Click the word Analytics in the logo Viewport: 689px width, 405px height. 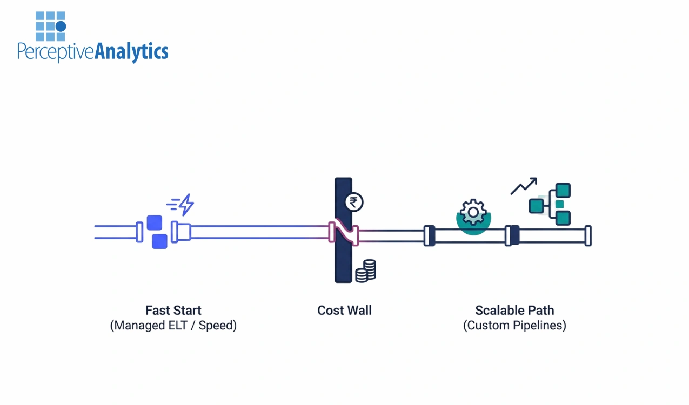point(131,52)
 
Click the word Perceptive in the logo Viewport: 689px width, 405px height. point(56,52)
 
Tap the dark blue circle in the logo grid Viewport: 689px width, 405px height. point(61,26)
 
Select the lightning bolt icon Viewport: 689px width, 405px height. point(186,205)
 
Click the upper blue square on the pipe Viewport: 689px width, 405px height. point(155,222)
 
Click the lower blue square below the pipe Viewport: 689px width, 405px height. point(159,241)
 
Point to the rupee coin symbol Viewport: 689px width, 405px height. point(354,202)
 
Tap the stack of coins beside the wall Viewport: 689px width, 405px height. point(366,270)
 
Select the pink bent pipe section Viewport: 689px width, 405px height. point(344,233)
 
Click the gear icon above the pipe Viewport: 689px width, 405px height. point(473,212)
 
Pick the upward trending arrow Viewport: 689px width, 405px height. point(524,186)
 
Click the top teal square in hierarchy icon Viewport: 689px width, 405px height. point(564,190)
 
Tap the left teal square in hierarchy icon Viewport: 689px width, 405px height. point(536,205)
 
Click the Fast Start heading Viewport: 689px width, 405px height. point(173,310)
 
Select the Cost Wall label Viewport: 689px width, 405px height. point(344,310)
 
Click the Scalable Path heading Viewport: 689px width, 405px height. point(514,310)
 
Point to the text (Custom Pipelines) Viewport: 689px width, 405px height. point(514,326)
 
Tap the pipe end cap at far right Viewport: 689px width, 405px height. point(588,236)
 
